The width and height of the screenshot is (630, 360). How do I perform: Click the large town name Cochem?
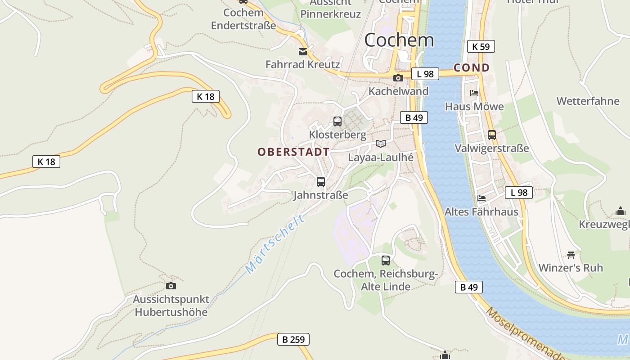399,40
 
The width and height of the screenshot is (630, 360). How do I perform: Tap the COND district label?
472,68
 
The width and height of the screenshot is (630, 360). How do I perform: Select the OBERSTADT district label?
293,152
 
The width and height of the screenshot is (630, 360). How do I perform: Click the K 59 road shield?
481,46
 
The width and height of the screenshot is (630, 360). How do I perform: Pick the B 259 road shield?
293,339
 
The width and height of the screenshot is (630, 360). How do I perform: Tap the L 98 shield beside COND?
425,74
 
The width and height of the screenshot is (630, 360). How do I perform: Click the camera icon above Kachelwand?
398,78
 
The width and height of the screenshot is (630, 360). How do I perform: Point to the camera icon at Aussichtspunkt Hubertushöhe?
171,286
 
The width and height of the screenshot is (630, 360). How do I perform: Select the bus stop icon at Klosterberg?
337,121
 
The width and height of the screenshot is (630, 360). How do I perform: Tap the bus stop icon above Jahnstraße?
320,182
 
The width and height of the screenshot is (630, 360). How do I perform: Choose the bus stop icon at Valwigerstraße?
491,135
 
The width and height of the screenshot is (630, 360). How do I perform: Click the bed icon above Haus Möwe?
474,93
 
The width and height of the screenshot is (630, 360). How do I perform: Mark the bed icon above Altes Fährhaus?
481,198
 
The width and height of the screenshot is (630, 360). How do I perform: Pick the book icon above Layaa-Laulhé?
381,144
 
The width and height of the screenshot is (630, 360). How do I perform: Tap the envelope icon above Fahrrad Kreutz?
303,52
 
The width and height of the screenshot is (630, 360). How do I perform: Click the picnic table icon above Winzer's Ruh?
571,255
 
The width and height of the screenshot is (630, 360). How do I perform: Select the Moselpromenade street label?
524,334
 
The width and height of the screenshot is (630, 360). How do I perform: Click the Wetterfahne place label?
588,101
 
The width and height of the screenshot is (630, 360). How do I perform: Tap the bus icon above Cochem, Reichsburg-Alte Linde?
385,260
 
